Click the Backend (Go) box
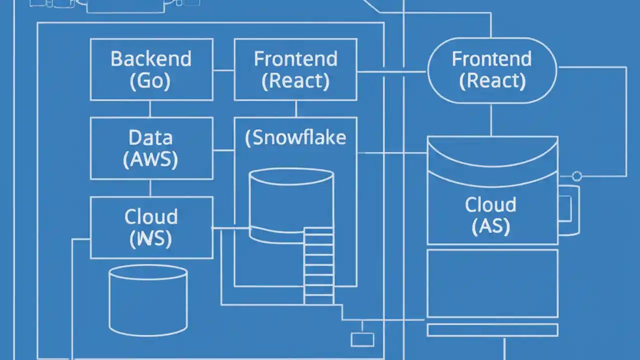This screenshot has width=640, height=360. click(x=150, y=69)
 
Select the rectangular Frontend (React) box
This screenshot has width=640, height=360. click(x=295, y=69)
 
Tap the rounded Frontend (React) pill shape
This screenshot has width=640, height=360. click(x=492, y=70)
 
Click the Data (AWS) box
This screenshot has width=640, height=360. click(x=150, y=148)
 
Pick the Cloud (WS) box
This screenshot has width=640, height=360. click(x=150, y=227)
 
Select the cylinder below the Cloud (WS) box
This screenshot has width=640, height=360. click(x=148, y=300)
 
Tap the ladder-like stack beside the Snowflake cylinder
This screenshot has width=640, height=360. click(x=319, y=265)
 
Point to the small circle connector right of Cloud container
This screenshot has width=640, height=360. click(x=576, y=176)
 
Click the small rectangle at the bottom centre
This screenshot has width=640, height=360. click(x=362, y=339)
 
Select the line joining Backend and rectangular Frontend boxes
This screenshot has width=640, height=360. click(x=223, y=70)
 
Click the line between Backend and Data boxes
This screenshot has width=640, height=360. click(x=150, y=108)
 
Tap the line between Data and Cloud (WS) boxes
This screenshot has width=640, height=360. click(x=150, y=188)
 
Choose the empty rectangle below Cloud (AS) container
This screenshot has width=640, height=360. click(x=492, y=283)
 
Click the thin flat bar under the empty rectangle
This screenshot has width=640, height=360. click(x=492, y=330)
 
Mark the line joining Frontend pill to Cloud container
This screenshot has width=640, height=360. click(x=491, y=120)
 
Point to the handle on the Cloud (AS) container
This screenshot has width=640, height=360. click(x=570, y=210)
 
